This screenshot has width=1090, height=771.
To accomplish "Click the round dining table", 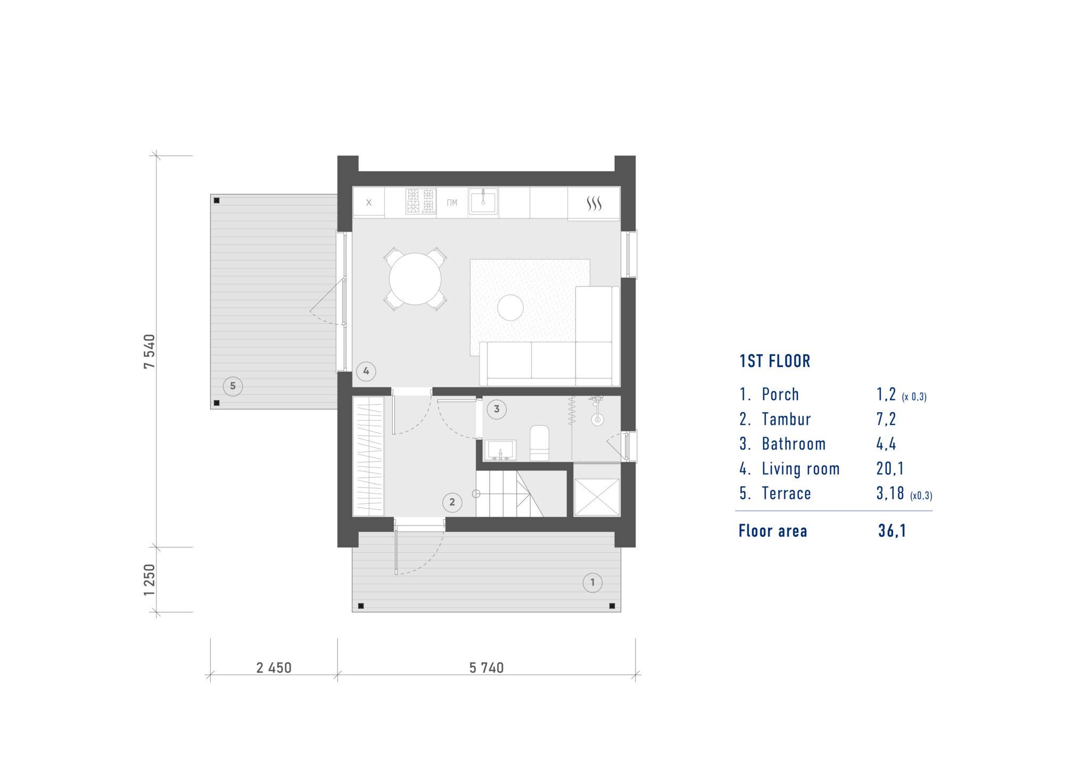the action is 415,278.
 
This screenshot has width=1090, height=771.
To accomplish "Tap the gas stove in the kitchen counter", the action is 420,201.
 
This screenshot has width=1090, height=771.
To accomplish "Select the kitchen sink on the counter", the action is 483,202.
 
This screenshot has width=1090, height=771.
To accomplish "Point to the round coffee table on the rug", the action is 510,307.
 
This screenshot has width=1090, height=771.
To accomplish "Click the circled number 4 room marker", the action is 366,371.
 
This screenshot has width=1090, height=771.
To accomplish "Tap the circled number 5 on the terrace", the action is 233,385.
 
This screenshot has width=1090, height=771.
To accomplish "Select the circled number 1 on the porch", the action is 593,583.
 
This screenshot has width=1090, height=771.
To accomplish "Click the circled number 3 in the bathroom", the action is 497,409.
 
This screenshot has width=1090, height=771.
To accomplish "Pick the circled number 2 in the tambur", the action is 452,502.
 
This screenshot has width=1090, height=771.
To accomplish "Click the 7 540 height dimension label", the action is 150,351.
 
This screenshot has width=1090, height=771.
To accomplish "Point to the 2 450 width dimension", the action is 274,668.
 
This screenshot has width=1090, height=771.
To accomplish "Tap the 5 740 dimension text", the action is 486,668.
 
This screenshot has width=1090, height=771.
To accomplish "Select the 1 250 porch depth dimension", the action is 150,580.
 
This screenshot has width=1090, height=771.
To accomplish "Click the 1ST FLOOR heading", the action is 775,361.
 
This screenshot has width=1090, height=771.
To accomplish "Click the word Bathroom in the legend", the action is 794,444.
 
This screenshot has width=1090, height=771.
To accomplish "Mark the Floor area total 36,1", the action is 892,531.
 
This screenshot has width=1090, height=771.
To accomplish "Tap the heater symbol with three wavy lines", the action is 594,203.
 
